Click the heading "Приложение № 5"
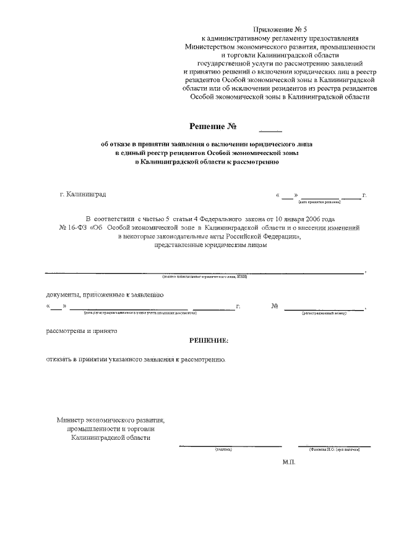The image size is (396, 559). pyautogui.click(x=280, y=30)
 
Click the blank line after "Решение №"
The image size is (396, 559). pyautogui.click(x=270, y=130)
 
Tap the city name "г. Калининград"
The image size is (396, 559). pyautogui.click(x=82, y=195)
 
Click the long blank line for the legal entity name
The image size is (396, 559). pyautogui.click(x=204, y=272)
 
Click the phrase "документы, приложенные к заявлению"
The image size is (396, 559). pyautogui.click(x=104, y=295)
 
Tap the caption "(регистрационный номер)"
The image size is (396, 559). pyautogui.click(x=324, y=313)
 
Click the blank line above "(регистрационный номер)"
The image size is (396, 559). pyautogui.click(x=324, y=308)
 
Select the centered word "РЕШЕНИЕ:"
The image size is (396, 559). pyautogui.click(x=209, y=340)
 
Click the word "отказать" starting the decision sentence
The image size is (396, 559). pyautogui.click(x=60, y=359)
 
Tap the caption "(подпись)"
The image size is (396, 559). pyautogui.click(x=223, y=450)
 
